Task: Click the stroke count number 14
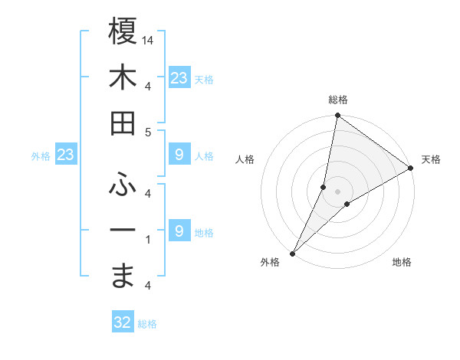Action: pyautogui.click(x=148, y=40)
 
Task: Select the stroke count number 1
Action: pyautogui.click(x=147, y=240)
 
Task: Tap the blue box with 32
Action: pyautogui.click(x=122, y=322)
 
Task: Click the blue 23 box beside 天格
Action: pyautogui.click(x=179, y=78)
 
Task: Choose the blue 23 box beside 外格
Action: pyautogui.click(x=65, y=155)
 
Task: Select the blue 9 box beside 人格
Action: pyautogui.click(x=179, y=155)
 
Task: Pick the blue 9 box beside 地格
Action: pyautogui.click(x=179, y=231)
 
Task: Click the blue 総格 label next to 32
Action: pyautogui.click(x=147, y=324)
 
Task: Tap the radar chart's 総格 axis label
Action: pyautogui.click(x=338, y=100)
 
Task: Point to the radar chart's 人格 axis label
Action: pyautogui.click(x=245, y=159)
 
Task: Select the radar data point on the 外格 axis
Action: pyautogui.click(x=292, y=254)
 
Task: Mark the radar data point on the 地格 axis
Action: pyautogui.click(x=347, y=204)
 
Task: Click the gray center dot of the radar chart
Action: pyautogui.click(x=338, y=191)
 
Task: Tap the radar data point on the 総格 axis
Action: pyautogui.click(x=338, y=116)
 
